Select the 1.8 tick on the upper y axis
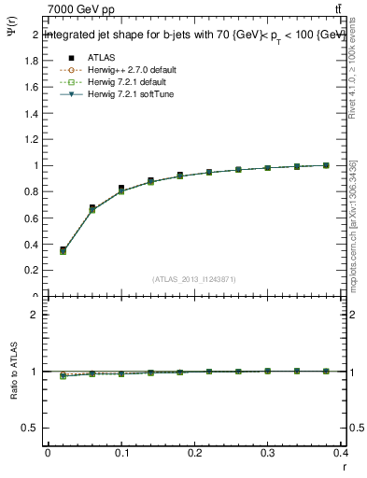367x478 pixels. click(x=35, y=61)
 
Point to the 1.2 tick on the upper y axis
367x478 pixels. click(x=35, y=140)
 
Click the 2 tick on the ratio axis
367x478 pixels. click(x=35, y=315)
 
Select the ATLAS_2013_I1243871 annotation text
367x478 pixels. click(x=195, y=279)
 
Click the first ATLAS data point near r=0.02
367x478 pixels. click(x=63, y=249)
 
